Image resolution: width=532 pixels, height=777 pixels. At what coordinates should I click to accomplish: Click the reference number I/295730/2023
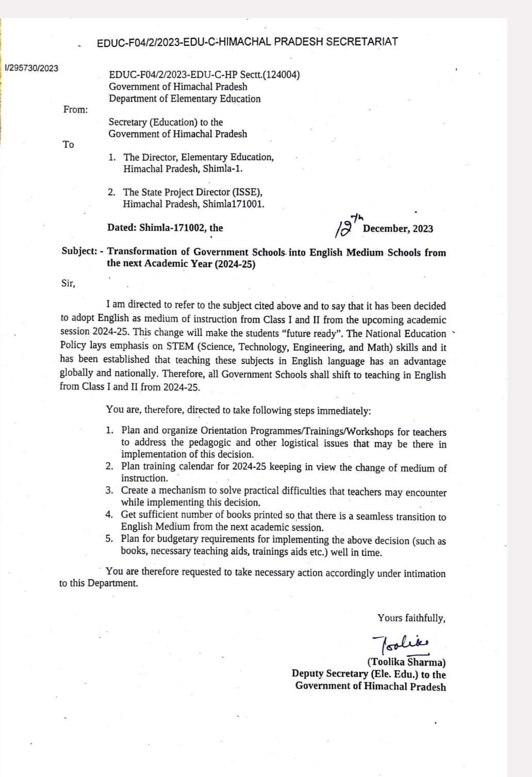(x=31, y=68)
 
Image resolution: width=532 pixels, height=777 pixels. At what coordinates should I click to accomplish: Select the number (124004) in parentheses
(x=281, y=75)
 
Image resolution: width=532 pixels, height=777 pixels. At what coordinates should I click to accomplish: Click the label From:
(x=75, y=109)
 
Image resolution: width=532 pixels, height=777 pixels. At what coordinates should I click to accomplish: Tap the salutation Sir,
(x=68, y=283)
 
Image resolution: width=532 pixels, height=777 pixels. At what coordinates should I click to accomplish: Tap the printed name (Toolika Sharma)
(x=407, y=663)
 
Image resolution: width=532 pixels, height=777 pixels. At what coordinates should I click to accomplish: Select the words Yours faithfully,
(x=411, y=618)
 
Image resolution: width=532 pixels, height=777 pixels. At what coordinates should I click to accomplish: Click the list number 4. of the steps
(x=109, y=514)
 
